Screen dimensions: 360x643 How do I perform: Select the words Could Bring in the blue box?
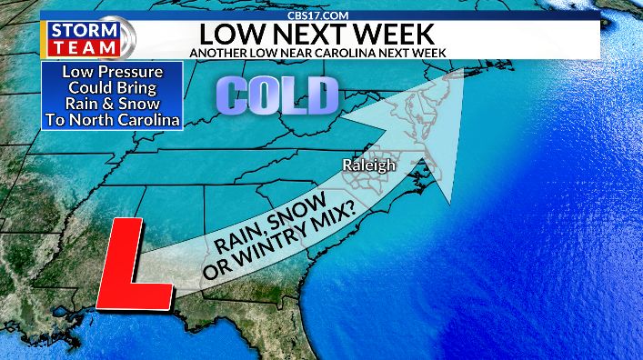(x=112, y=88)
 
